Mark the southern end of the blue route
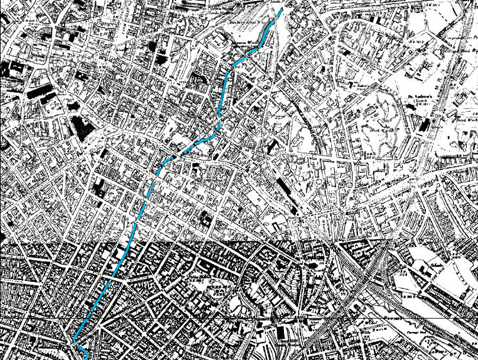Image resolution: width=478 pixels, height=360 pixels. [86, 357]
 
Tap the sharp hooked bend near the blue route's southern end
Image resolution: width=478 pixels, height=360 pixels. [75, 342]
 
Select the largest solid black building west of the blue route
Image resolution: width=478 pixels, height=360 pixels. [82, 126]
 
